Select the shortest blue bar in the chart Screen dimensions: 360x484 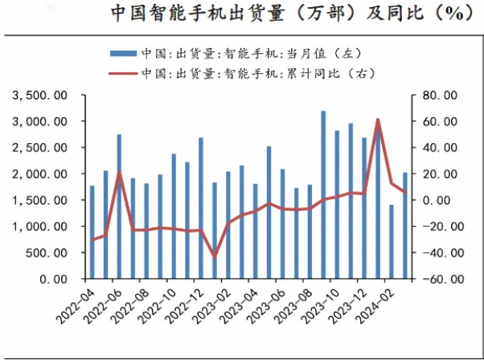click(x=392, y=241)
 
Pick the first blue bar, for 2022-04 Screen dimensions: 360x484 click(x=92, y=232)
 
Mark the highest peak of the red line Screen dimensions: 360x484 click(x=378, y=120)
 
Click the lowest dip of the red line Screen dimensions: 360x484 click(x=214, y=256)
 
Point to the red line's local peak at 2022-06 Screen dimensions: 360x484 click(x=119, y=173)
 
